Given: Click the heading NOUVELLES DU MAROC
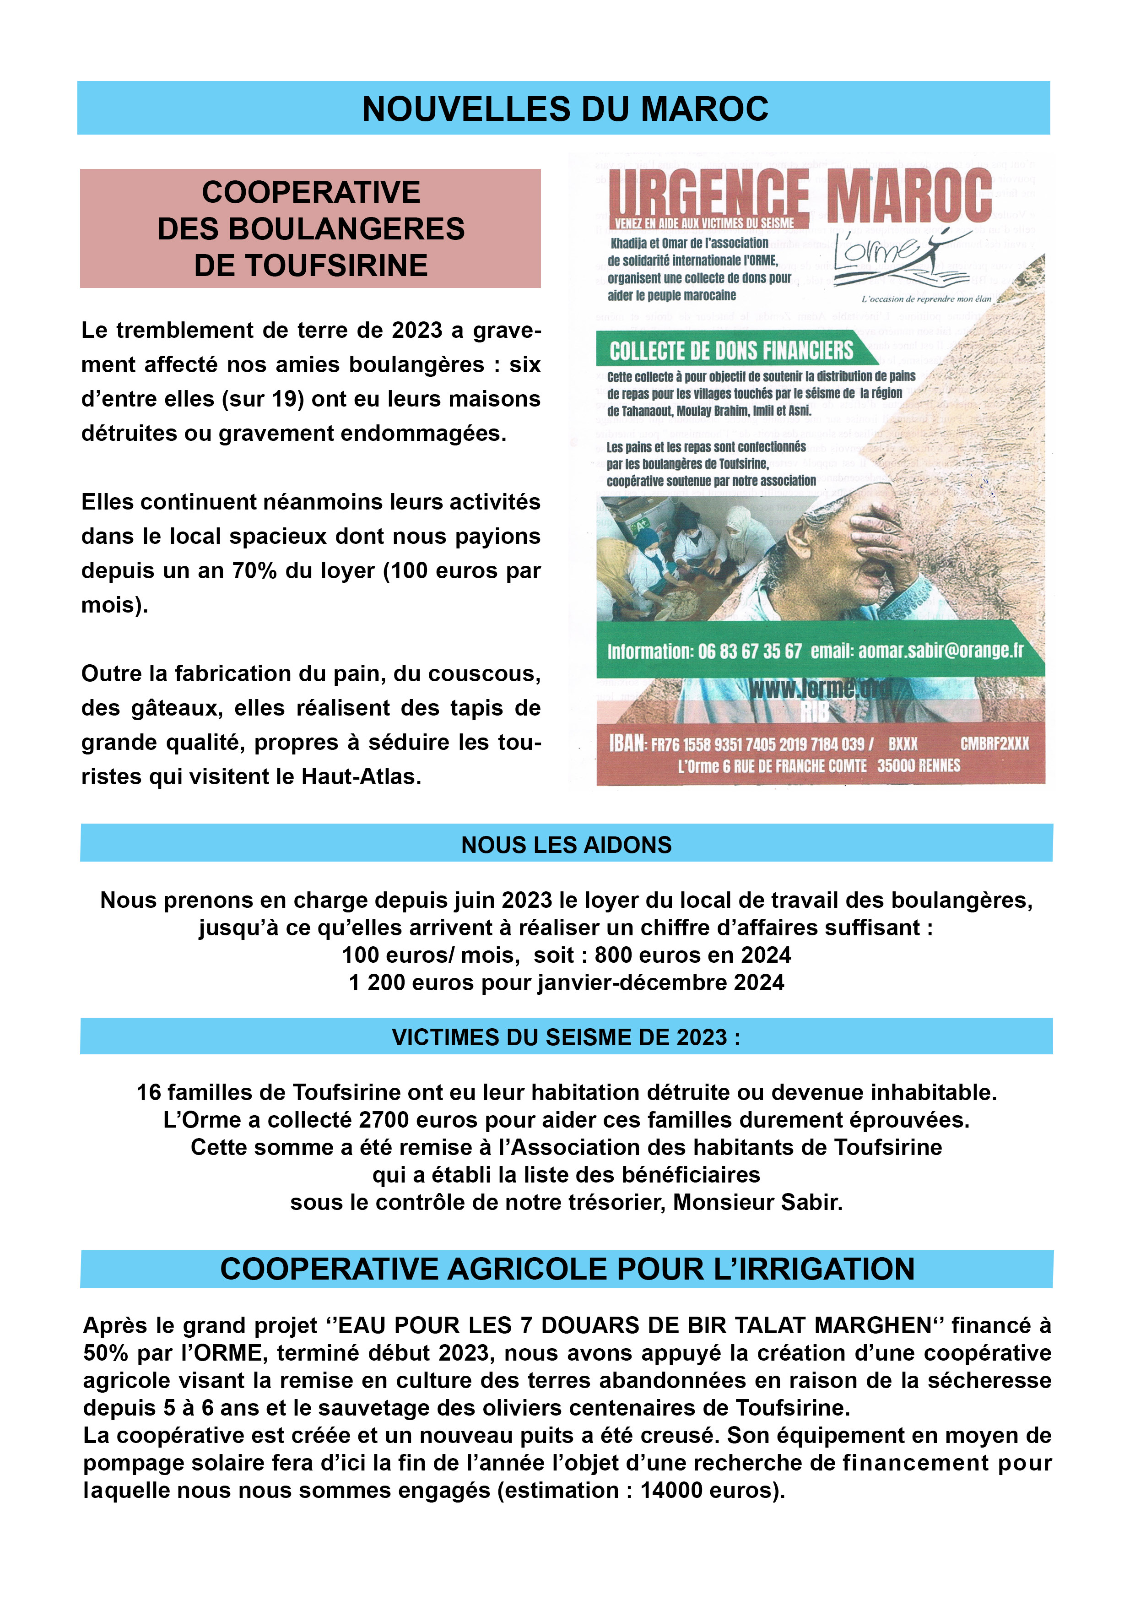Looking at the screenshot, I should [x=565, y=109].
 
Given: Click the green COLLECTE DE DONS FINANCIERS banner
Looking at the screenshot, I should [x=731, y=350].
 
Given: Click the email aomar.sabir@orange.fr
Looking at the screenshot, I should [x=940, y=651].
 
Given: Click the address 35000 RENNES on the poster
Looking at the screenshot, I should [x=918, y=766].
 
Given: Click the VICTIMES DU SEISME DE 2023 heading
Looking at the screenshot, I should [x=566, y=1036].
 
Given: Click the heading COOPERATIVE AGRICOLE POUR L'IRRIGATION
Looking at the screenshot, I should [x=567, y=1269].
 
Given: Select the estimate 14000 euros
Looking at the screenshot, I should [x=708, y=1491].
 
